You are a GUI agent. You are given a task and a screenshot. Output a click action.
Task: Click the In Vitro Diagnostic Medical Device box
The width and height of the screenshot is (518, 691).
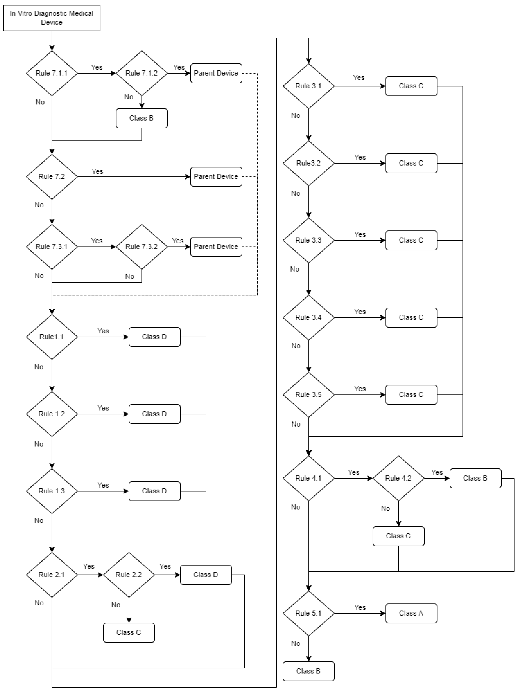52,18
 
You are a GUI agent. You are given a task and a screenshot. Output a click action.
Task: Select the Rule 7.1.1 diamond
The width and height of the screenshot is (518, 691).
52,73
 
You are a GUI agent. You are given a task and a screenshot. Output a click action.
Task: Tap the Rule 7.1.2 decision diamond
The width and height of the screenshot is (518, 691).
142,73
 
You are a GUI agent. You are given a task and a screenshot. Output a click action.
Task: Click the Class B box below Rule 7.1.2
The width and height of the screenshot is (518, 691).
142,118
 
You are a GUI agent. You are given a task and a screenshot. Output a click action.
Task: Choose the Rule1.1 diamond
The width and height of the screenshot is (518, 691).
52,337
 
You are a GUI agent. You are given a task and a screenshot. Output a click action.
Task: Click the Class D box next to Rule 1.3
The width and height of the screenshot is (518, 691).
154,491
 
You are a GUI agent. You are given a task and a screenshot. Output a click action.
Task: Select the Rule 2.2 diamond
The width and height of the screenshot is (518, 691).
129,575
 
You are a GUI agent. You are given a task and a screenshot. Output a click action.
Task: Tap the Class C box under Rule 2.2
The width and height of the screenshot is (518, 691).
129,633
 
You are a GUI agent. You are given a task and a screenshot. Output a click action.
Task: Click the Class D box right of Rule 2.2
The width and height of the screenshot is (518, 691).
206,575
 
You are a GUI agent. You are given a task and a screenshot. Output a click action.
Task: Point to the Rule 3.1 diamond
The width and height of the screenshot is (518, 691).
309,86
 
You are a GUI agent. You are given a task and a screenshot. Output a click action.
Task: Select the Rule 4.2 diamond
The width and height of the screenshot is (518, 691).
398,478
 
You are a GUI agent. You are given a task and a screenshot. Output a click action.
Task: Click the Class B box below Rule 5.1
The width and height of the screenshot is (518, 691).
309,671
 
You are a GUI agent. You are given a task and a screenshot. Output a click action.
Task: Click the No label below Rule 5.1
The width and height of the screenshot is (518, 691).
295,644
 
